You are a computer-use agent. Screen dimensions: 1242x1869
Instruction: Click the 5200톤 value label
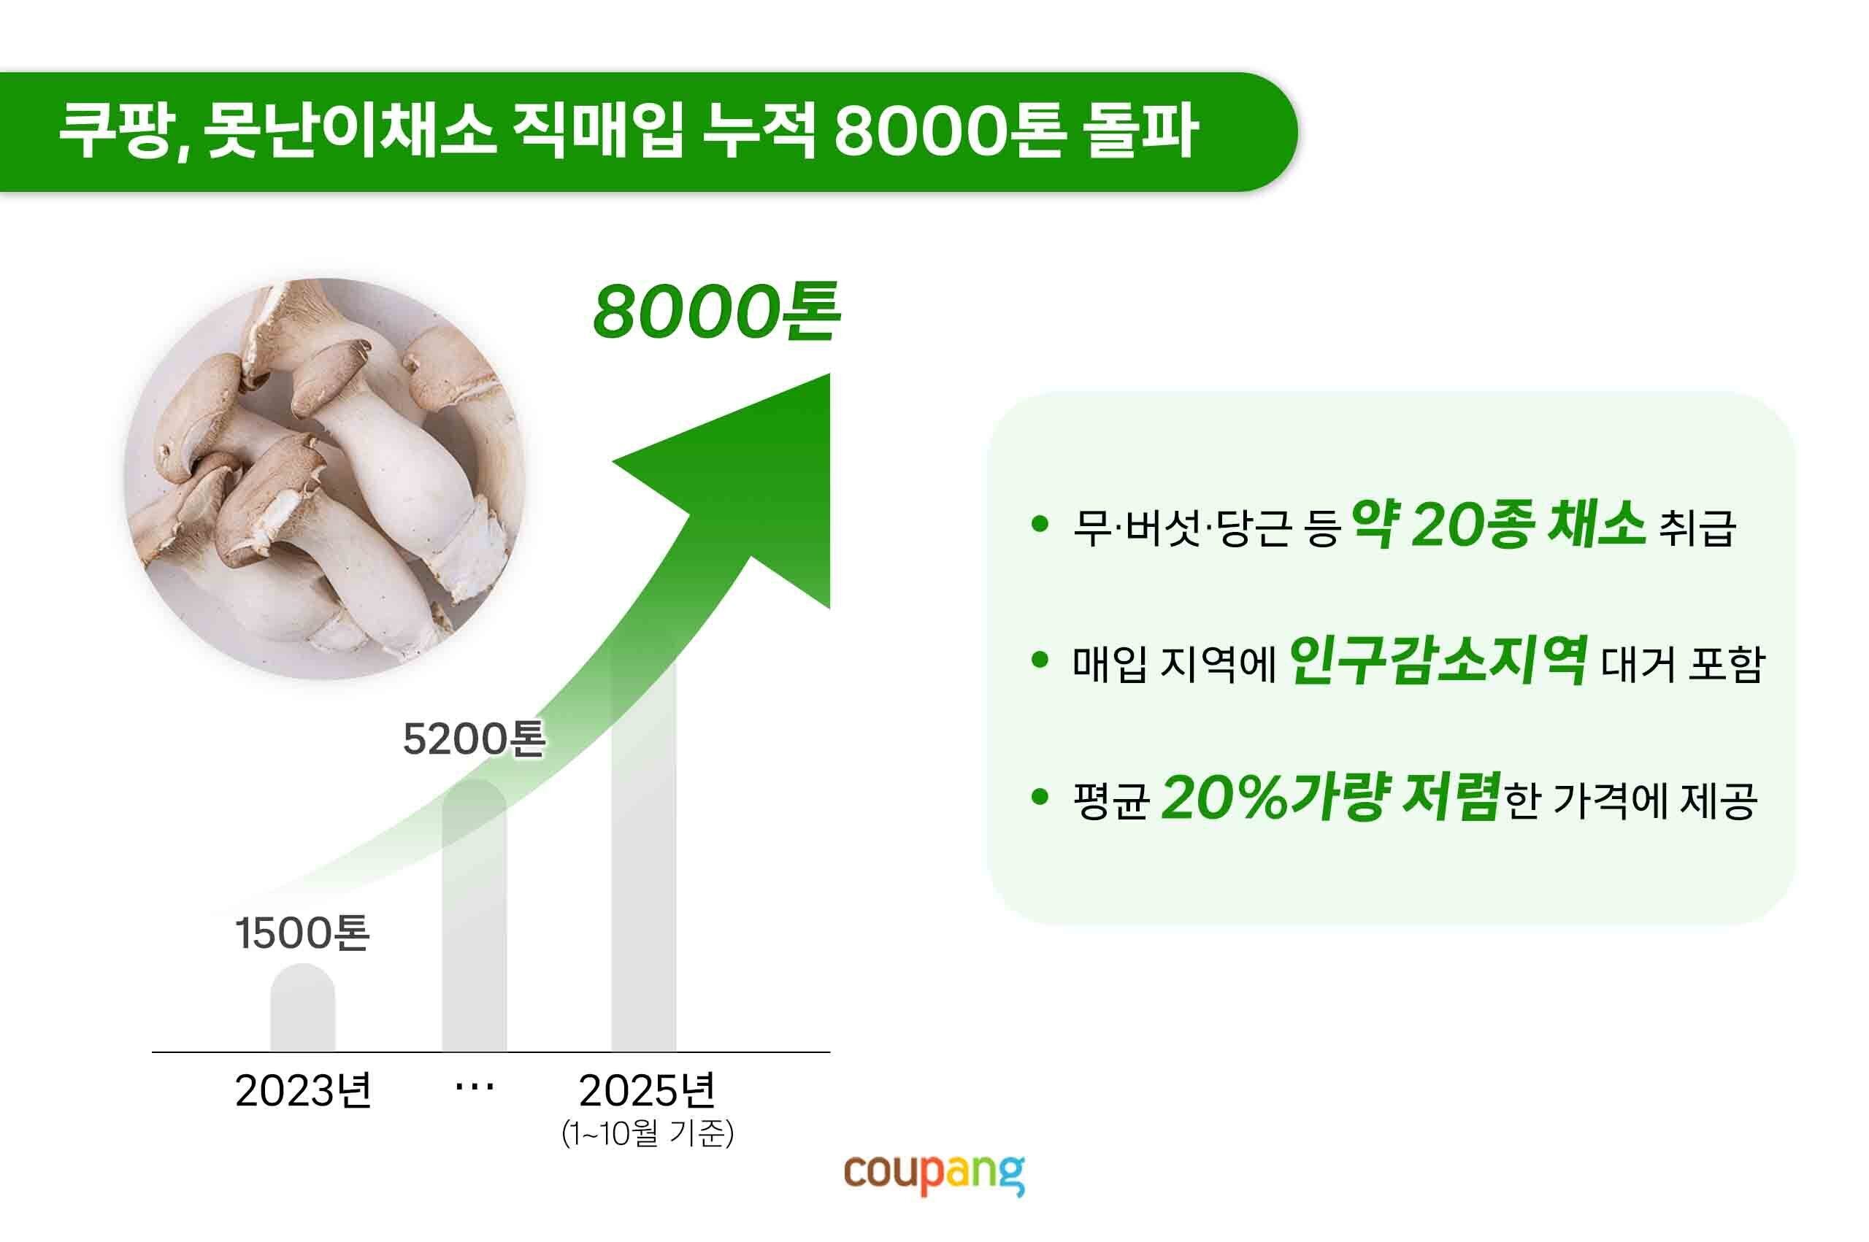tap(473, 739)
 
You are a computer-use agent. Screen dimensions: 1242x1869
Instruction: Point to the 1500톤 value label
tap(302, 933)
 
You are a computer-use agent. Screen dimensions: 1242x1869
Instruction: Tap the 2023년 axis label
tap(303, 1091)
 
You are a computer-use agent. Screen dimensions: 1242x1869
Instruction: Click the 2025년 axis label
tap(648, 1091)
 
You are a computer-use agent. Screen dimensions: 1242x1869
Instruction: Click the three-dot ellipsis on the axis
tap(474, 1087)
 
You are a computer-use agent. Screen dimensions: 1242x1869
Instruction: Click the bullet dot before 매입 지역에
tap(1040, 660)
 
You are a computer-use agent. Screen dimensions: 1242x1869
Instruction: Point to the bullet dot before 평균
tap(1040, 798)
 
